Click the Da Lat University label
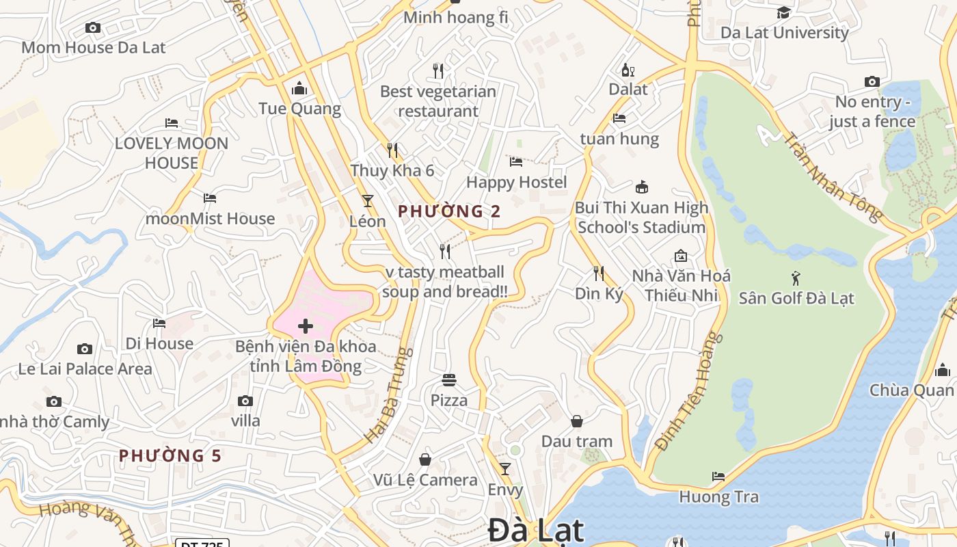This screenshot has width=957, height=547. (x=784, y=32)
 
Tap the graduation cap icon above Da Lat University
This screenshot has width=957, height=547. (x=783, y=12)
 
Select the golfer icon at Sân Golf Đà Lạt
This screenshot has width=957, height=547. (x=796, y=278)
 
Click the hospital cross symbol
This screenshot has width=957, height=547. (x=306, y=326)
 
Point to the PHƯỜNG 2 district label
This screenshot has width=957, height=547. (x=449, y=211)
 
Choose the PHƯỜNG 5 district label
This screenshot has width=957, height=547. (x=170, y=455)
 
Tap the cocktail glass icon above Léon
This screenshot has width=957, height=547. (x=368, y=201)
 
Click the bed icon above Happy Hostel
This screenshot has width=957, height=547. (x=516, y=162)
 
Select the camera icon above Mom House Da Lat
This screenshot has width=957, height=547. (x=93, y=28)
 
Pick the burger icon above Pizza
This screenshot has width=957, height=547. (x=449, y=379)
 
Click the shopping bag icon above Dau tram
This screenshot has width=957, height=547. (x=577, y=421)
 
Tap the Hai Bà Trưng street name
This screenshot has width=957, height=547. (x=389, y=395)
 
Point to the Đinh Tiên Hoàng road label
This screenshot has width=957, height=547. (x=688, y=391)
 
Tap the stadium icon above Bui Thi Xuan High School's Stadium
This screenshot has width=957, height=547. (x=641, y=187)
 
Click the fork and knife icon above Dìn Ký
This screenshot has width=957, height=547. (x=599, y=273)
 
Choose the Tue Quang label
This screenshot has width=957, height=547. (x=299, y=109)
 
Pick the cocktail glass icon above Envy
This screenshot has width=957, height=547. (x=505, y=469)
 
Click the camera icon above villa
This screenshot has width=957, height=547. (x=245, y=401)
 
